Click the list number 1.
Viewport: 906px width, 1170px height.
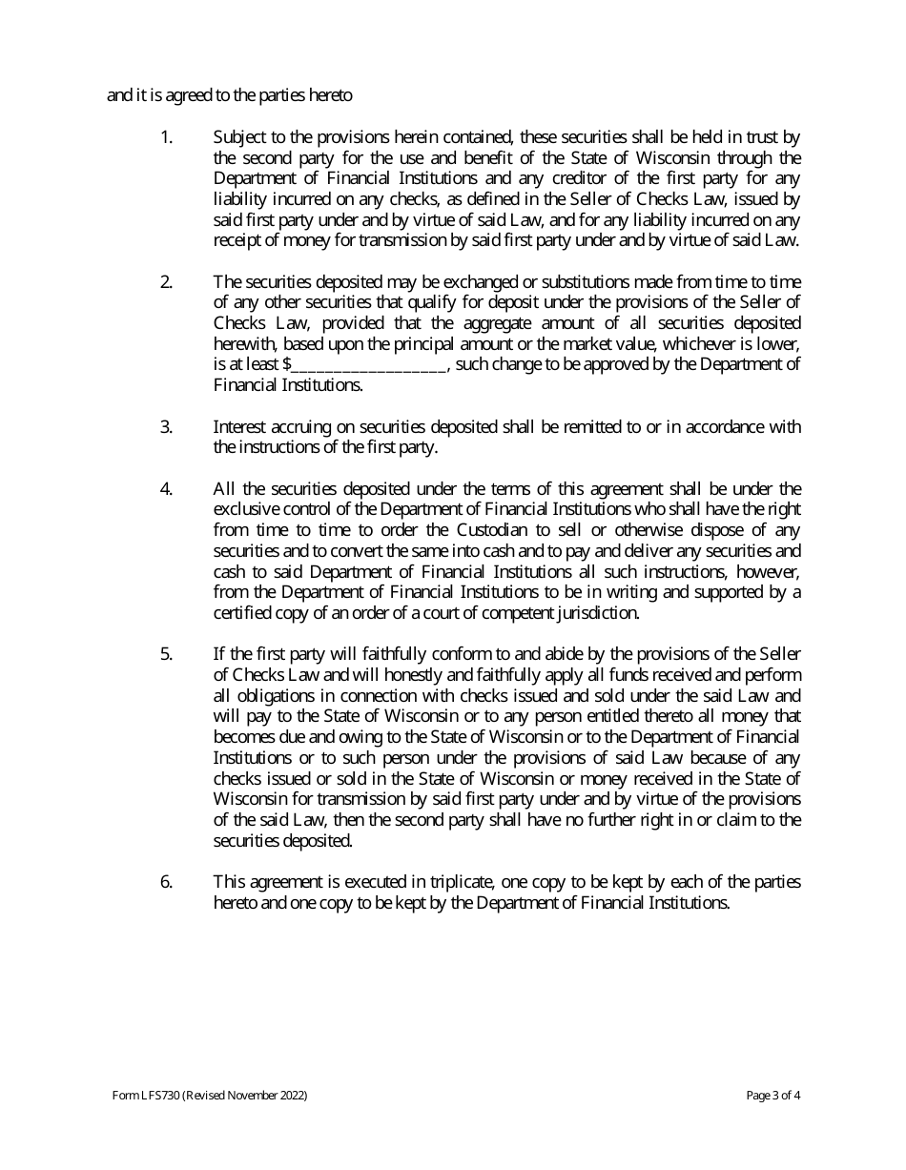165,137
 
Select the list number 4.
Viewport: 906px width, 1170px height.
165,489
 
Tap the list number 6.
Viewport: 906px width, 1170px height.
165,882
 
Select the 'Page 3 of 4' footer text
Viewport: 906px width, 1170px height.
772,1097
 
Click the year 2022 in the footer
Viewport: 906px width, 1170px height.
293,1097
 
